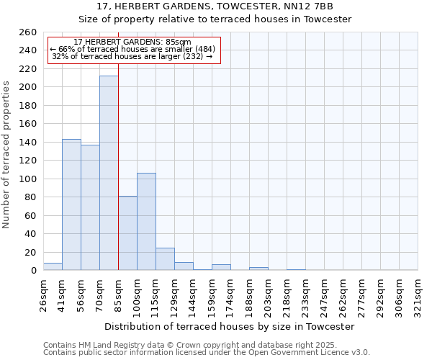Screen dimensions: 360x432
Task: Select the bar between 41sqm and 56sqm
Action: click(x=71, y=204)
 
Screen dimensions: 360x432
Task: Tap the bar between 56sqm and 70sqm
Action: click(x=90, y=207)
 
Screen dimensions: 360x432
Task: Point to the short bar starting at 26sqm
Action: click(x=53, y=267)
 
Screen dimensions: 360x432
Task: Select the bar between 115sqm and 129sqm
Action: click(x=165, y=259)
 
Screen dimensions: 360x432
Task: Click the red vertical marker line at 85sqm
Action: click(x=118, y=144)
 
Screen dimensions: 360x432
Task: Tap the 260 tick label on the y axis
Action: click(x=28, y=32)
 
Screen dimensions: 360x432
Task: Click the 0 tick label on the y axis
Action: click(x=33, y=270)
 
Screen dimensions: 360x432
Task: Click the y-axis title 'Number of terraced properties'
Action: click(x=7, y=155)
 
